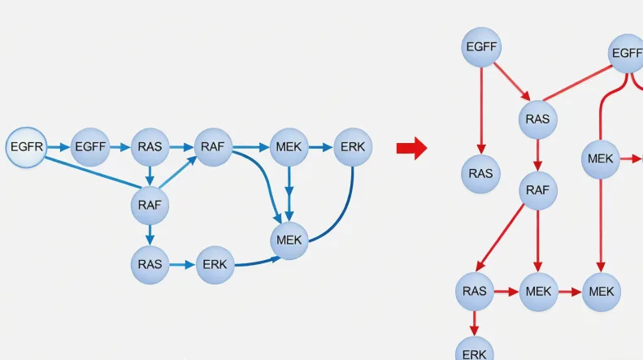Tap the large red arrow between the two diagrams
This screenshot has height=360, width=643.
pyautogui.click(x=411, y=148)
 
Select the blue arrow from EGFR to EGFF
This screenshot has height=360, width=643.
pyautogui.click(x=58, y=148)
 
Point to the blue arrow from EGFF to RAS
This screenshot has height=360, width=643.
pyautogui.click(x=119, y=148)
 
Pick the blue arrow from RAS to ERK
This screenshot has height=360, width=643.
pyautogui.click(x=181, y=264)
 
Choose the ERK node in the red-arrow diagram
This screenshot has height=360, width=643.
pyautogui.click(x=474, y=351)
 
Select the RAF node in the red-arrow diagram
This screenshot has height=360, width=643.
pyautogui.click(x=537, y=191)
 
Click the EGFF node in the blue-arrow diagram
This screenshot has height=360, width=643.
pyautogui.click(x=91, y=148)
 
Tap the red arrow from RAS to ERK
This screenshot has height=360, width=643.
pyautogui.click(x=474, y=323)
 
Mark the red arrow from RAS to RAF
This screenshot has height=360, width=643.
pyautogui.click(x=537, y=155)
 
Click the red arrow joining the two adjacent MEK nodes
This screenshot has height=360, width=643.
pyautogui.click(x=570, y=291)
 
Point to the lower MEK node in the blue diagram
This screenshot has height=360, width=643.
pyautogui.click(x=289, y=241)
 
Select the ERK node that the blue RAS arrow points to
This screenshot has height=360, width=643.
pyautogui.click(x=215, y=264)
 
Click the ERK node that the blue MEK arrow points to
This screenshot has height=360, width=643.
pyautogui.click(x=353, y=148)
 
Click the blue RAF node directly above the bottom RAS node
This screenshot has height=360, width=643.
pyautogui.click(x=150, y=206)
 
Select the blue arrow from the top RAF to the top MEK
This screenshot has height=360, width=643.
pyautogui.click(x=250, y=148)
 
